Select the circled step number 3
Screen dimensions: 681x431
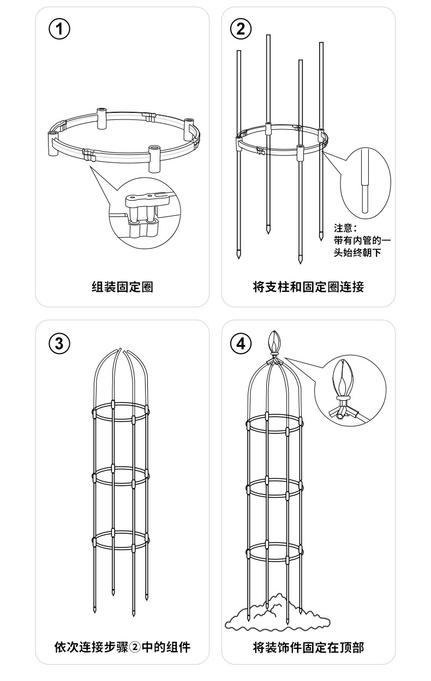click(x=59, y=343)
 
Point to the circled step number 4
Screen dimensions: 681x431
click(x=241, y=343)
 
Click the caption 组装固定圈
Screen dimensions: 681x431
click(x=122, y=286)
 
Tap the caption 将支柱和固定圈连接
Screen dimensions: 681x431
click(x=308, y=286)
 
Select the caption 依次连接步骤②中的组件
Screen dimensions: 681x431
click(x=122, y=648)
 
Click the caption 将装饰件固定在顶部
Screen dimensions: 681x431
click(x=308, y=648)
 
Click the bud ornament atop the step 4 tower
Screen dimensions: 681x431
click(x=274, y=343)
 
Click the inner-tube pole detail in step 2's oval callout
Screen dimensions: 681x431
click(x=365, y=183)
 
